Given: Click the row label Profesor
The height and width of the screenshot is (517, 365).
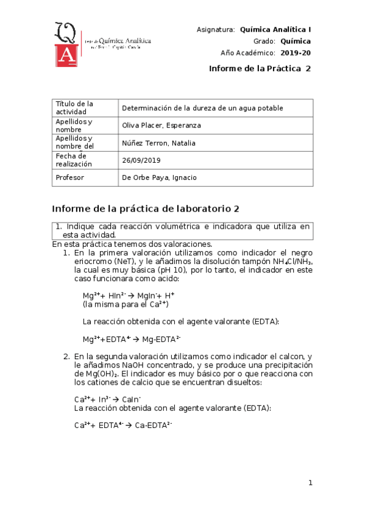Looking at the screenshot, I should pyautogui.click(x=69, y=177).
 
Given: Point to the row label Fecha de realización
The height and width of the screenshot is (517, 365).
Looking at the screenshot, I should pyautogui.click(x=74, y=160).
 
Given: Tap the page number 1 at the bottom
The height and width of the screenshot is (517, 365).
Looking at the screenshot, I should pyautogui.click(x=310, y=483).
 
